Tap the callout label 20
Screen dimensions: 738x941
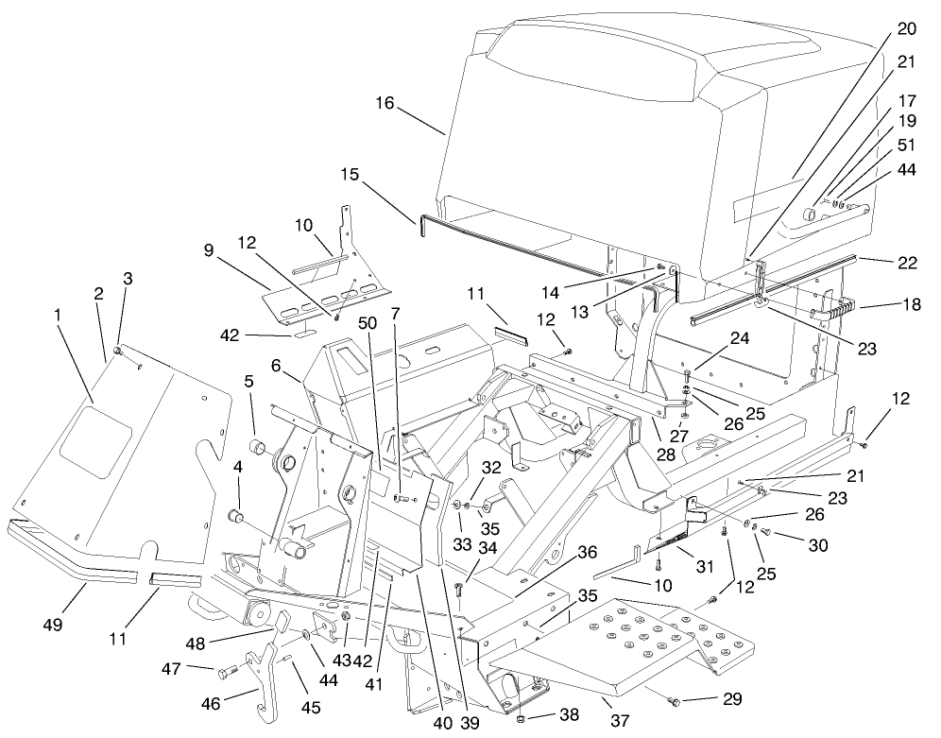[905, 30]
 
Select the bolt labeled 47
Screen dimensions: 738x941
[226, 673]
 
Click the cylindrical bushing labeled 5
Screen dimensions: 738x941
[254, 446]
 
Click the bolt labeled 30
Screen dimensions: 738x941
[766, 536]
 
